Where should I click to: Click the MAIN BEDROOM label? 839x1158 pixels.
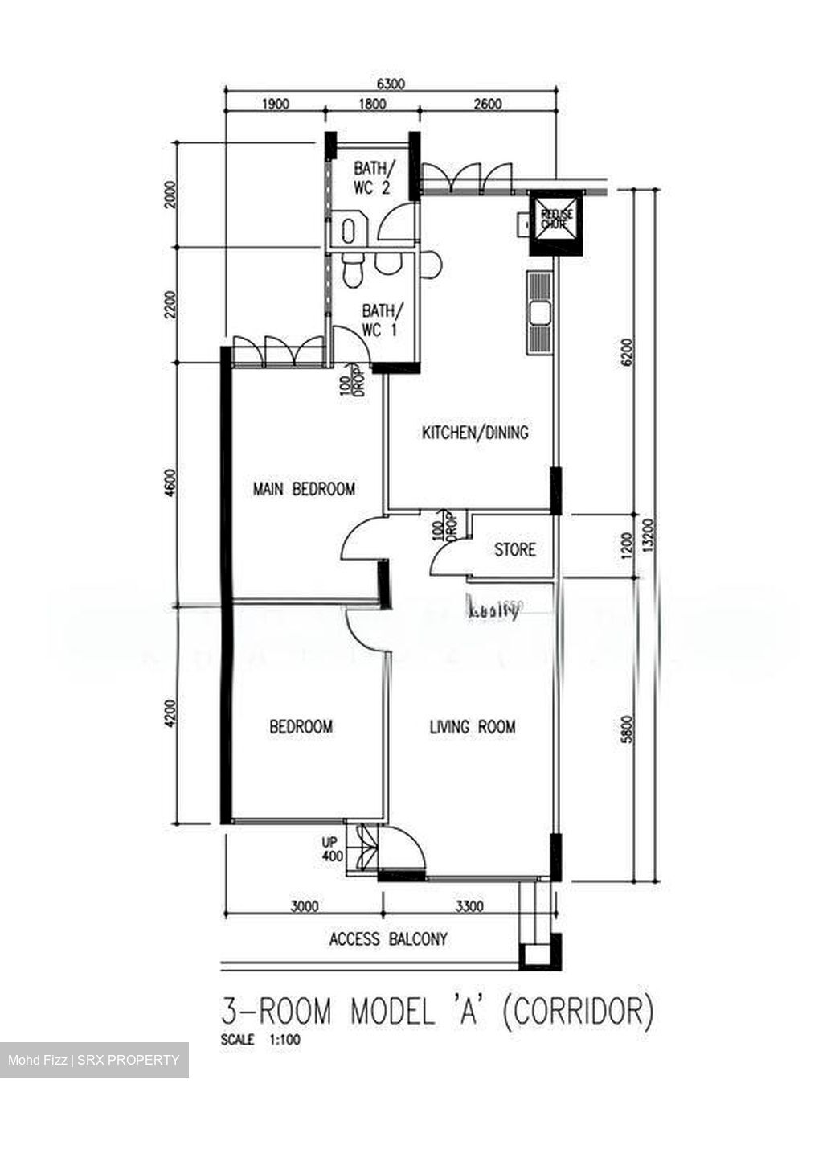pyautogui.click(x=304, y=488)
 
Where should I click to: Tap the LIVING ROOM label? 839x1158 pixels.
pyautogui.click(x=473, y=727)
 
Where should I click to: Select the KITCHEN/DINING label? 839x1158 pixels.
pyautogui.click(x=476, y=433)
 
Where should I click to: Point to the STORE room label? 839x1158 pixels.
pyautogui.click(x=514, y=550)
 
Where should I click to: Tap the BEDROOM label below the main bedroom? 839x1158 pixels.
pyautogui.click(x=301, y=727)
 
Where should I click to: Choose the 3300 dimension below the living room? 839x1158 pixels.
pyautogui.click(x=469, y=906)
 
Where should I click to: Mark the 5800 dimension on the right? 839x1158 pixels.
pyautogui.click(x=628, y=729)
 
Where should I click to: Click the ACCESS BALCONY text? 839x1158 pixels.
pyautogui.click(x=388, y=938)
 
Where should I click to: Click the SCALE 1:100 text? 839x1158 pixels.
pyautogui.click(x=260, y=1040)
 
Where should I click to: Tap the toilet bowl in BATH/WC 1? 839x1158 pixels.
pyautogui.click(x=351, y=272)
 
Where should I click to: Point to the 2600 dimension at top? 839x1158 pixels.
pyautogui.click(x=487, y=103)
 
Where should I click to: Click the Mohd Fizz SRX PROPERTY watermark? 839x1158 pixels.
pyautogui.click(x=94, y=1060)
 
